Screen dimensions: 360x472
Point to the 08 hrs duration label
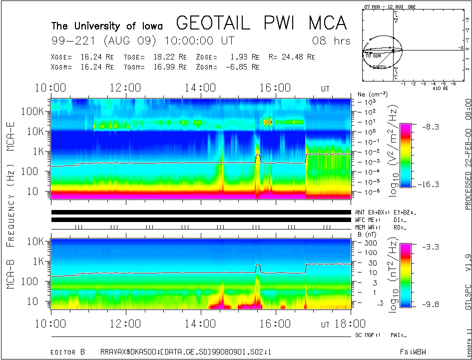pos(331,40)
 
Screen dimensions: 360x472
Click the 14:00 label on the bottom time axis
pos(200,324)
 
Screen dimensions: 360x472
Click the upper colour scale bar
pos(406,155)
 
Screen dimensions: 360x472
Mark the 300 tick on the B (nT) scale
pos(370,242)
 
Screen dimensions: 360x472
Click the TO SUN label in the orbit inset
pos(374,56)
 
